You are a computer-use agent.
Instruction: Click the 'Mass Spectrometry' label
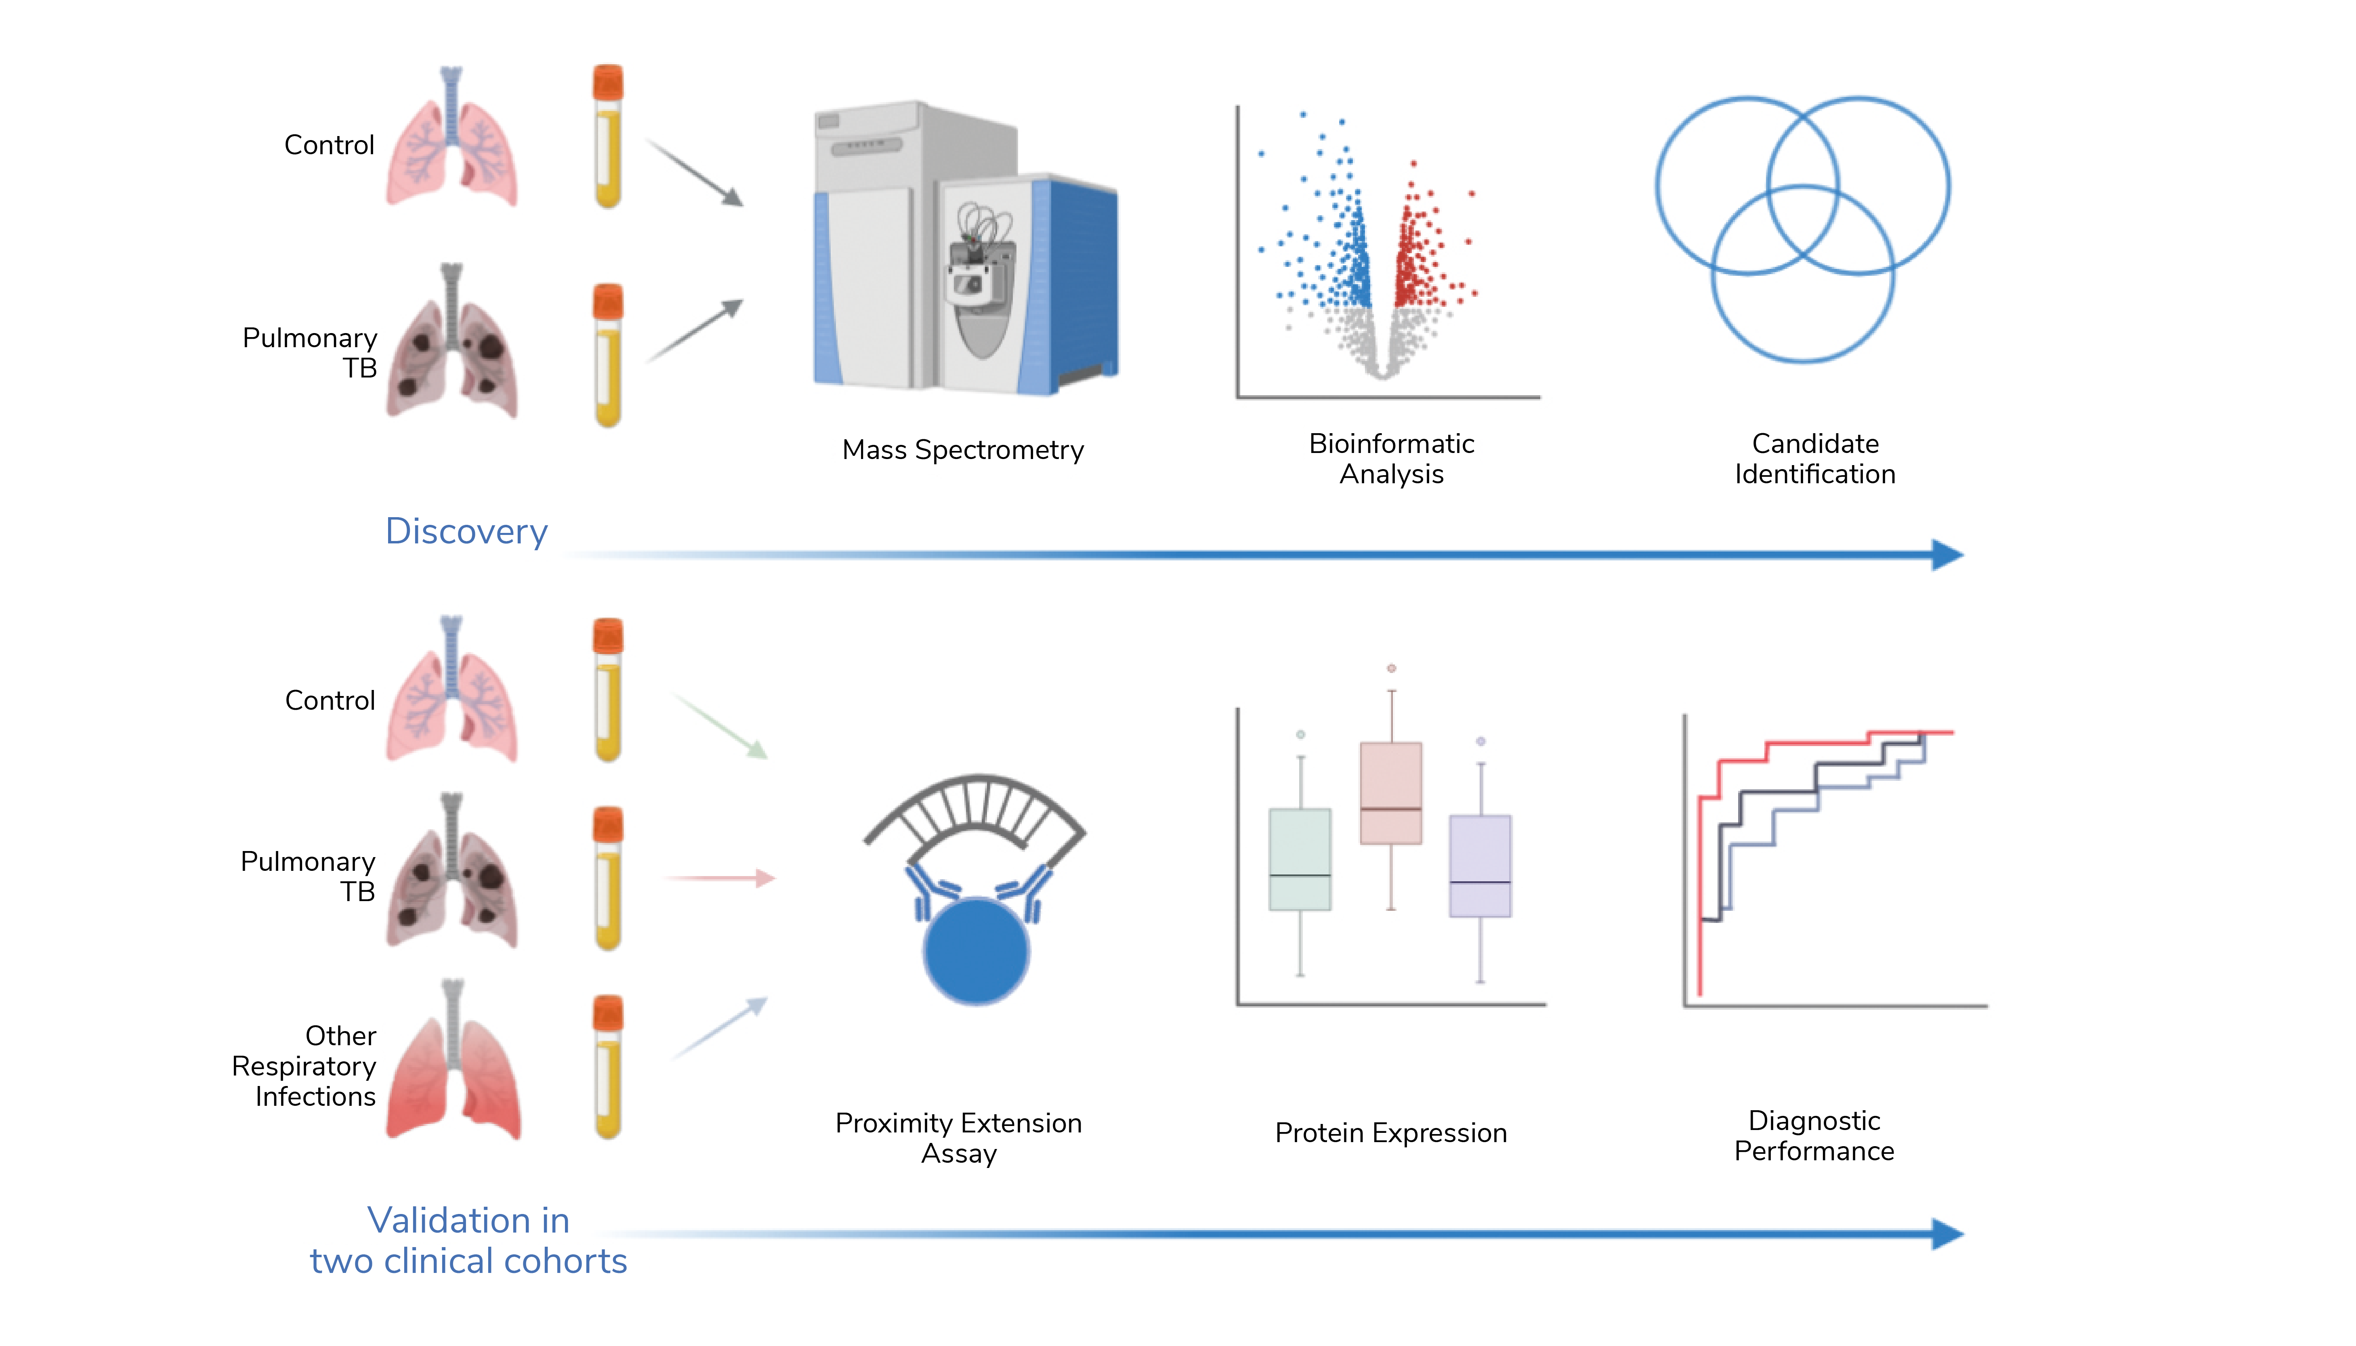click(963, 450)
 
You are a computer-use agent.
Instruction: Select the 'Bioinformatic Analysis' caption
click(1392, 459)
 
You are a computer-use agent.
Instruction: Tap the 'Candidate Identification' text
click(1815, 459)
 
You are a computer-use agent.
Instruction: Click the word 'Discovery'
click(467, 532)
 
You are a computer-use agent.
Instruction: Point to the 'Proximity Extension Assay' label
click(959, 1138)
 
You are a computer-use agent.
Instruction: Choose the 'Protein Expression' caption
click(1391, 1133)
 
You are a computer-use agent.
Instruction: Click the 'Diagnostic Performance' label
click(1814, 1135)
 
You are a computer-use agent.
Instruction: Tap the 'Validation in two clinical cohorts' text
click(469, 1241)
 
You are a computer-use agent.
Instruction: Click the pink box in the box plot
click(1391, 793)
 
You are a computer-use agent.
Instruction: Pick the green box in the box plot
click(1300, 860)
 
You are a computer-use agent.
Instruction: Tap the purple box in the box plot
click(1480, 866)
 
